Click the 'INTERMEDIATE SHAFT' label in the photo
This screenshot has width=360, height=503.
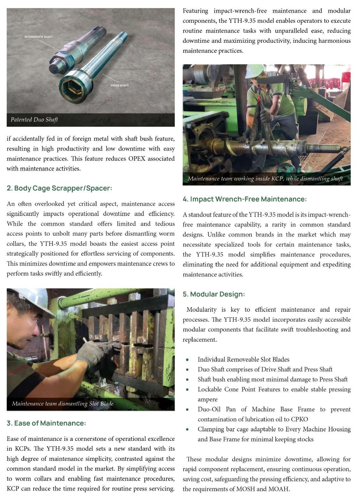tap(39, 37)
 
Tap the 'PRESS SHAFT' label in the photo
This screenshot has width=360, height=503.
tap(120, 86)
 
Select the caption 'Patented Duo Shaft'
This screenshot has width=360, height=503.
tap(34, 120)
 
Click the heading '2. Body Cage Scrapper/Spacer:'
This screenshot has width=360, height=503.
tap(59, 188)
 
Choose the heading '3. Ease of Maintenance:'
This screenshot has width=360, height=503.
tap(46, 423)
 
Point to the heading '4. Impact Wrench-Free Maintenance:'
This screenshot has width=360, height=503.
tap(245, 199)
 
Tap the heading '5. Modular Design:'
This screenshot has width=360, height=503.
tap(214, 294)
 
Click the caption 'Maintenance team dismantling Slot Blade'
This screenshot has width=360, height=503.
tap(62, 404)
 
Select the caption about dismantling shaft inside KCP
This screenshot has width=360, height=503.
tap(265, 179)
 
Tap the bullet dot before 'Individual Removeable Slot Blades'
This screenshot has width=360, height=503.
tap(188, 360)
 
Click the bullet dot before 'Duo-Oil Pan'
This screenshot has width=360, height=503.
tap(188, 409)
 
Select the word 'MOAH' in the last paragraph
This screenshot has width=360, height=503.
tap(279, 489)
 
